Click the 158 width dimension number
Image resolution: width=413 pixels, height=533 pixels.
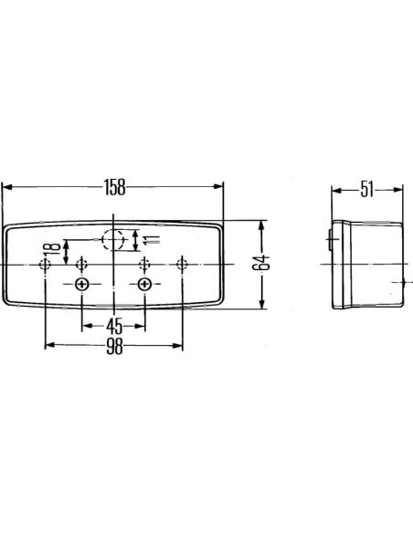[x=114, y=187]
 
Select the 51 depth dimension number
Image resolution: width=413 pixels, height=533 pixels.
[x=366, y=190]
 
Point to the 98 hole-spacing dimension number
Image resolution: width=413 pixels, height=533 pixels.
[x=114, y=345]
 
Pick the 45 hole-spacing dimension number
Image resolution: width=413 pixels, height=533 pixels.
[x=114, y=325]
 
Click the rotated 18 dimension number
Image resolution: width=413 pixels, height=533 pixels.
[x=55, y=247]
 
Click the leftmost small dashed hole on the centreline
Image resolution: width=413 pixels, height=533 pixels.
[x=46, y=265]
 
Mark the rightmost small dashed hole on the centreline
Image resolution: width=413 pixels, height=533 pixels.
[x=183, y=265]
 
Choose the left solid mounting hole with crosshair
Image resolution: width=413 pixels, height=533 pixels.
[x=83, y=286]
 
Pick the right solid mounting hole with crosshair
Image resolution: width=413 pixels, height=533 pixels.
[x=144, y=286]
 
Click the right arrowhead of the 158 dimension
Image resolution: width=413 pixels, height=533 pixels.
[x=219, y=186]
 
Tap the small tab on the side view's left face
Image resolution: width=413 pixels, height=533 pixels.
[x=328, y=241]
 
